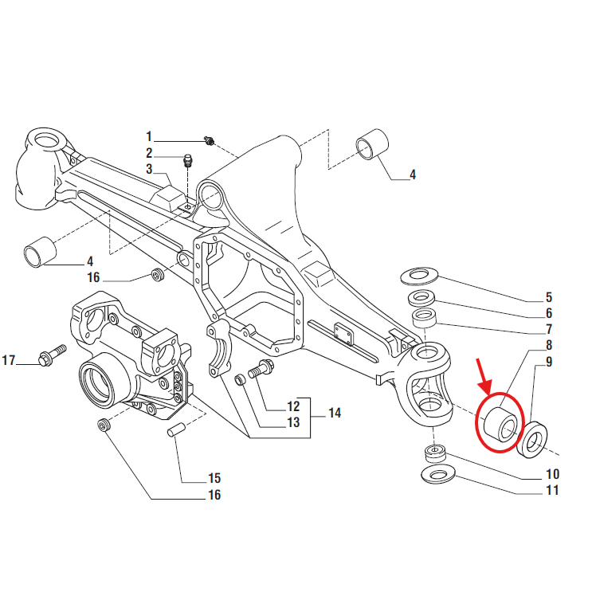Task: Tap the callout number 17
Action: tap(9, 360)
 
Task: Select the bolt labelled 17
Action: tap(52, 355)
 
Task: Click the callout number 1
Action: tap(149, 136)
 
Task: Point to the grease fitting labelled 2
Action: tap(188, 161)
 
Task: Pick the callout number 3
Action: tap(150, 169)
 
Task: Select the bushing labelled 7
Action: tap(425, 318)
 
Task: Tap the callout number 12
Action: tap(293, 406)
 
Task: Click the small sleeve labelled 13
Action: tap(240, 380)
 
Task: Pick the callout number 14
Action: tap(335, 413)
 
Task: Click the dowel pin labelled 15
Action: tap(176, 430)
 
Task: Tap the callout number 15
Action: tap(214, 478)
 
